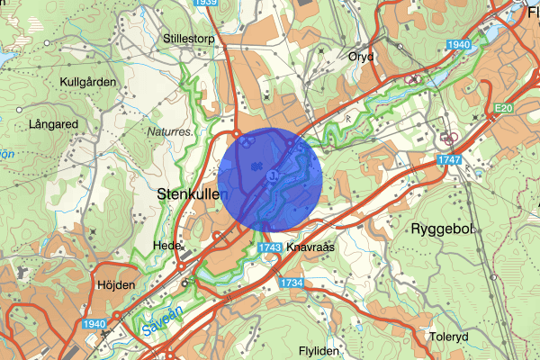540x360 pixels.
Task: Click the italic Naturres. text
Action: click(169, 130)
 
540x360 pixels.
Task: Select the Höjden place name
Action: click(115, 284)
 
